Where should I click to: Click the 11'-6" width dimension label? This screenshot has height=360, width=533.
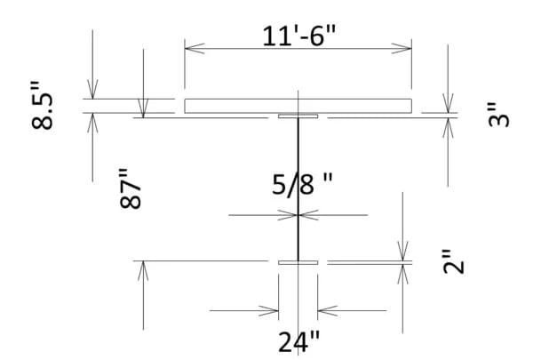click(298, 36)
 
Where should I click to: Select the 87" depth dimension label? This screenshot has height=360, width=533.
click(131, 188)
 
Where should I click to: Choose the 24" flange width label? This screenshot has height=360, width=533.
click(298, 340)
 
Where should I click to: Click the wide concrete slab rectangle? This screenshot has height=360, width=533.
click(298, 106)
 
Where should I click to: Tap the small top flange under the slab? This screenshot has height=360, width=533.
click(298, 116)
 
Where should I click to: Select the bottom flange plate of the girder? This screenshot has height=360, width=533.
click(298, 262)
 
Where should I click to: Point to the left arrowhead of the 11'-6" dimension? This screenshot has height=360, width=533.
click(190, 48)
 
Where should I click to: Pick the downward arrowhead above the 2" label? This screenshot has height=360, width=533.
click(404, 254)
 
